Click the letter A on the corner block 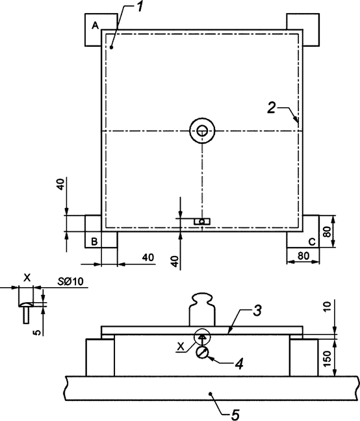coord(95,25)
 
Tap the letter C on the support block coord(312,242)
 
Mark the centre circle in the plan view coord(203,131)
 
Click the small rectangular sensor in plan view coord(203,222)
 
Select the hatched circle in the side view coord(202,352)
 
